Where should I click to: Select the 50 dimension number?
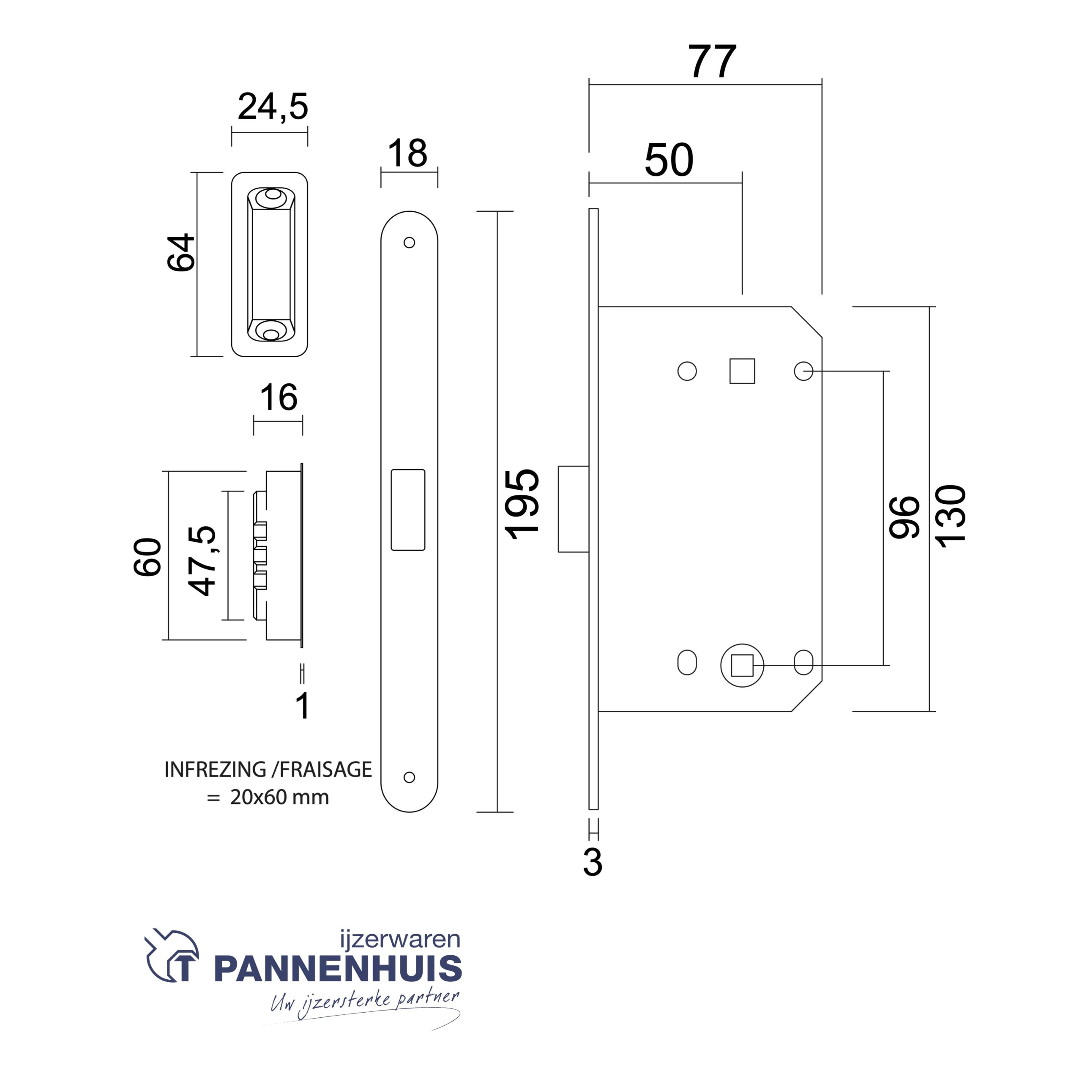click(x=669, y=160)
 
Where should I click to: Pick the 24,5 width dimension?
click(x=273, y=107)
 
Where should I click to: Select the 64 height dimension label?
click(x=181, y=253)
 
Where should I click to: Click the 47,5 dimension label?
click(x=202, y=560)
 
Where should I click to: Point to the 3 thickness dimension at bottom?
click(x=593, y=863)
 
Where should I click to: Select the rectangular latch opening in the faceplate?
click(x=408, y=510)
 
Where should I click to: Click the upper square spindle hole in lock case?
click(x=742, y=371)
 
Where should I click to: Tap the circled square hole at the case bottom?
click(x=742, y=665)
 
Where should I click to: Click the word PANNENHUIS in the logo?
click(x=338, y=970)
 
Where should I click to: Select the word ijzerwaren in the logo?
click(x=400, y=939)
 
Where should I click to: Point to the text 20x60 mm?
click(x=279, y=797)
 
